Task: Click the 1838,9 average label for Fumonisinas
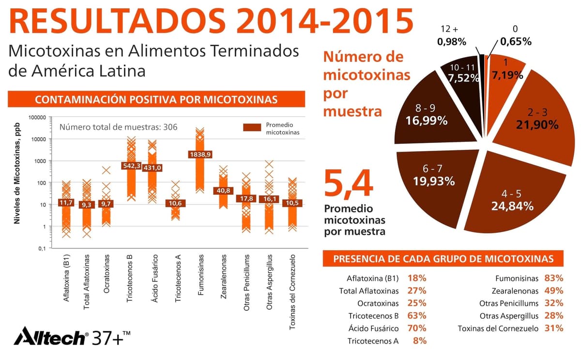pyautogui.click(x=200, y=155)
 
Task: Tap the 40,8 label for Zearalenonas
pyautogui.click(x=223, y=190)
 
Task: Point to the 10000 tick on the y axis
pyautogui.click(x=37, y=140)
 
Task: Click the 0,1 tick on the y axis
pyautogui.click(x=42, y=249)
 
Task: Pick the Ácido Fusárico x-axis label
pyautogui.click(x=154, y=279)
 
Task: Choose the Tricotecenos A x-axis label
pyautogui.click(x=178, y=278)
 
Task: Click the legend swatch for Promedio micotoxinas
pyautogui.click(x=252, y=127)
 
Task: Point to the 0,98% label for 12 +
pyautogui.click(x=452, y=42)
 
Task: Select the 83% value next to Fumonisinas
pyautogui.click(x=553, y=279)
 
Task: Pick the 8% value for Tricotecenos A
pyautogui.click(x=420, y=341)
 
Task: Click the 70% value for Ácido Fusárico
pyautogui.click(x=417, y=329)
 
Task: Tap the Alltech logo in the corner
pyautogui.click(x=51, y=335)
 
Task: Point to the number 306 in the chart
pyautogui.click(x=170, y=127)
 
